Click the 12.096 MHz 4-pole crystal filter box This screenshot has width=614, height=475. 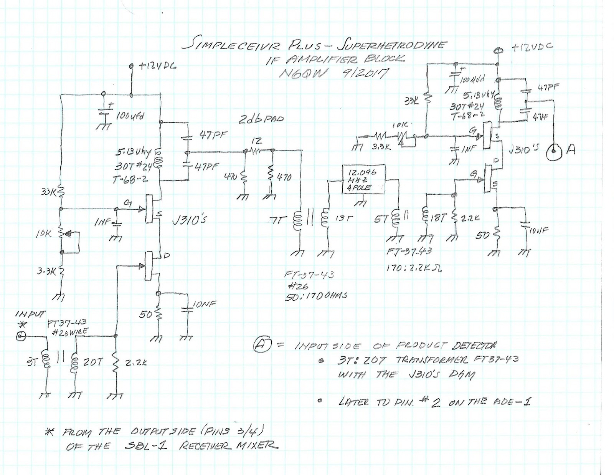[363, 179]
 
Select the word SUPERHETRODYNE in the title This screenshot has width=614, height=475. [391, 45]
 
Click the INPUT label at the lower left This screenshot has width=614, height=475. [30, 314]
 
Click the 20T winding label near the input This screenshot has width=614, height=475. [93, 362]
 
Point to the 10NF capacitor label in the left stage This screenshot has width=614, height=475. [204, 304]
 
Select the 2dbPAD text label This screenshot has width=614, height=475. [261, 119]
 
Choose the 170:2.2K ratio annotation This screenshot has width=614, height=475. [414, 268]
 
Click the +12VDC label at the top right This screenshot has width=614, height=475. [532, 47]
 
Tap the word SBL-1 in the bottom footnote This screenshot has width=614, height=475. [146, 446]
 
